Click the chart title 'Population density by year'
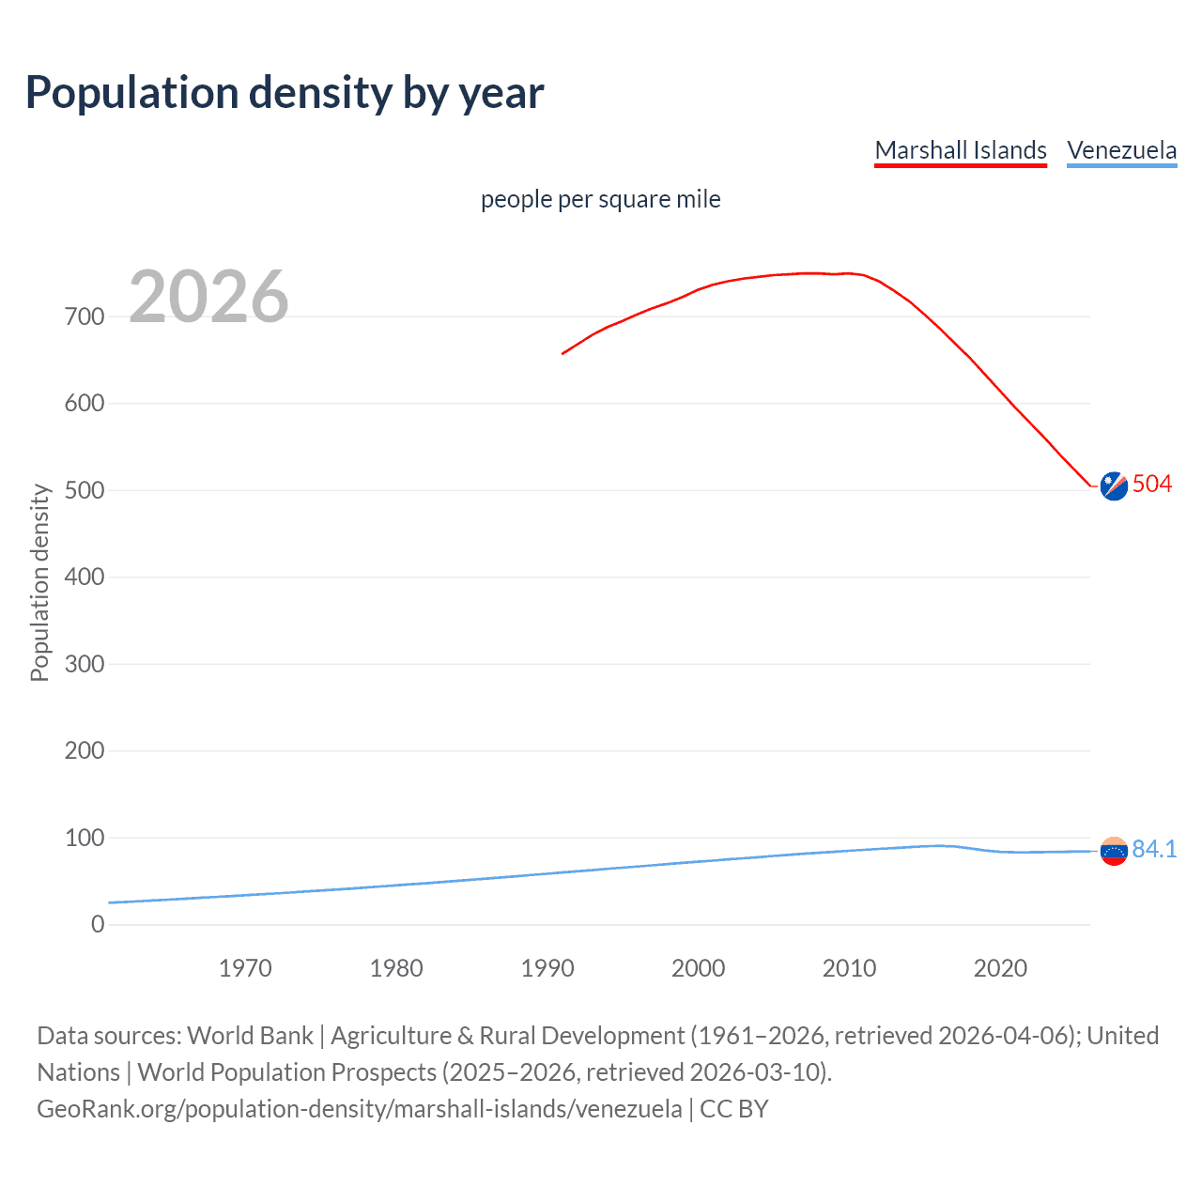tap(285, 93)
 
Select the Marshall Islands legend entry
tap(960, 150)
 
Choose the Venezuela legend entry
tap(1121, 150)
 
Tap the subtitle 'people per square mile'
tap(600, 199)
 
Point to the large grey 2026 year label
tap(208, 297)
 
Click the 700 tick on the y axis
tap(85, 316)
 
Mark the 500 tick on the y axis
tap(85, 490)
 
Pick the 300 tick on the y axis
tap(85, 664)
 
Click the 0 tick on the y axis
tap(98, 924)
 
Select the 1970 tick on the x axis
tap(245, 968)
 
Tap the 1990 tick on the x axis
tap(547, 968)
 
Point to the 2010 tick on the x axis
tap(849, 968)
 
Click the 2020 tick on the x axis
tap(1000, 968)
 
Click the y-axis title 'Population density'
tap(39, 582)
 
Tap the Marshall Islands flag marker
tap(1114, 485)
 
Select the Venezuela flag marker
tap(1114, 851)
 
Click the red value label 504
tap(1152, 484)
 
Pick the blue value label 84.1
tap(1154, 849)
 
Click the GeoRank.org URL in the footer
tap(360, 1109)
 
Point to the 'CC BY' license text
tap(734, 1109)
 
